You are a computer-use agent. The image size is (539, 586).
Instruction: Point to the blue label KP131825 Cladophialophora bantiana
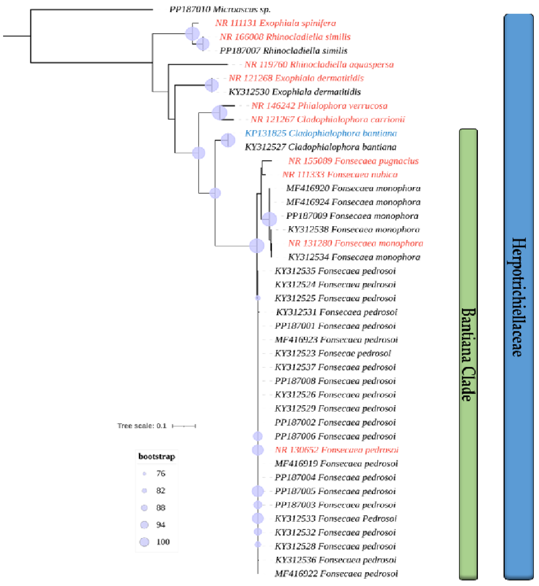coord(321,133)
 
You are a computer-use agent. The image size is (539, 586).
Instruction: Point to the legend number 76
coord(161,473)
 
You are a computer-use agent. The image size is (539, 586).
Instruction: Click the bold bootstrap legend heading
coord(157,456)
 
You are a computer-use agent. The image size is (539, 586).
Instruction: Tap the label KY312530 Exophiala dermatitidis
coord(295,92)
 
